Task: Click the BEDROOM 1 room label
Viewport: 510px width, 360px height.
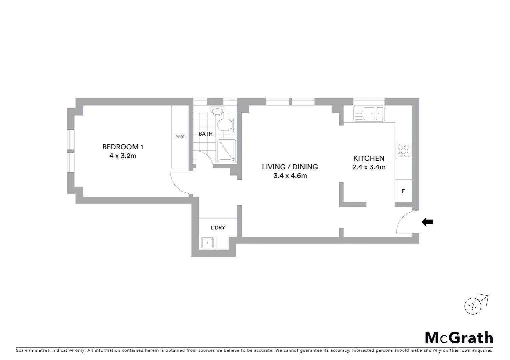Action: [x=123, y=147]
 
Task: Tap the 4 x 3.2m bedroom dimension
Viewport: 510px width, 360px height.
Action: [x=123, y=156]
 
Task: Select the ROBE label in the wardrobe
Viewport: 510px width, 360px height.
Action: [x=180, y=137]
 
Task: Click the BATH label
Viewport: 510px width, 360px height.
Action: [x=205, y=134]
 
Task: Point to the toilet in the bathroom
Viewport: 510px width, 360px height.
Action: [x=224, y=125]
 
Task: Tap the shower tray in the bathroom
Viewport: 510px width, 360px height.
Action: [x=226, y=151]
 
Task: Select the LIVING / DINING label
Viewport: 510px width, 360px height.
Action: [x=290, y=167]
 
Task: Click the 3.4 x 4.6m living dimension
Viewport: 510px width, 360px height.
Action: [x=290, y=176]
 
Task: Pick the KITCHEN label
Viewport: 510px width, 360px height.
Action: [x=369, y=158]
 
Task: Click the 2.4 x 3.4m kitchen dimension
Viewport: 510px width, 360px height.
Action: [x=369, y=167]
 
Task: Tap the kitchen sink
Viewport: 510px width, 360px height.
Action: [x=369, y=114]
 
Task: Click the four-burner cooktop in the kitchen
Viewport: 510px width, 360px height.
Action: [x=403, y=151]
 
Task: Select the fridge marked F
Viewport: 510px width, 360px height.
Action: [x=403, y=191]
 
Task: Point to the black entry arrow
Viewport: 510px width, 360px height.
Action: [x=427, y=222]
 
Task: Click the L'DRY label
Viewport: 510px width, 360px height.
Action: [x=218, y=228]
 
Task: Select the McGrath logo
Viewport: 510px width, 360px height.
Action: [x=459, y=338]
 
